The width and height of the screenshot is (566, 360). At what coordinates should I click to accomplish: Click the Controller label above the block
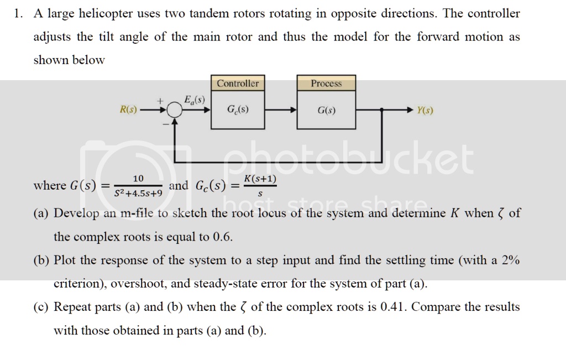click(238, 84)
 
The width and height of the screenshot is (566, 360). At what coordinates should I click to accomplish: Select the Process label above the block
click(326, 84)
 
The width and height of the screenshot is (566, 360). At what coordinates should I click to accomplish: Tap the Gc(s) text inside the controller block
click(238, 109)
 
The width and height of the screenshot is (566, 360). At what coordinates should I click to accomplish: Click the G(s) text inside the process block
click(326, 110)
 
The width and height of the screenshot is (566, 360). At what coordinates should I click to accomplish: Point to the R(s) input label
click(128, 110)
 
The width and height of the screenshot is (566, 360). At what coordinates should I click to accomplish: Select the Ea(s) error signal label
click(194, 100)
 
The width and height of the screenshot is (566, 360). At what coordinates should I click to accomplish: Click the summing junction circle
click(175, 111)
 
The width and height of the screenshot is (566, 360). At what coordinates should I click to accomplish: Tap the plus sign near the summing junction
click(160, 101)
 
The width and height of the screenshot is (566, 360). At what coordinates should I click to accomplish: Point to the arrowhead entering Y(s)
click(411, 110)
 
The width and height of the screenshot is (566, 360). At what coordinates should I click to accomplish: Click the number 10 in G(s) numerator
click(138, 178)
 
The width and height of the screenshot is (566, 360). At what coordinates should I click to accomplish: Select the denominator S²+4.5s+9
click(138, 194)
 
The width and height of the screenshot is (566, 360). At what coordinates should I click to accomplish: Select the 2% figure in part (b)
click(510, 260)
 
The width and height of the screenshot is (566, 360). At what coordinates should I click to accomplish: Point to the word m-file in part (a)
click(146, 213)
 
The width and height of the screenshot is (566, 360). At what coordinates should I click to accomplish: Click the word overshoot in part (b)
click(138, 284)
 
